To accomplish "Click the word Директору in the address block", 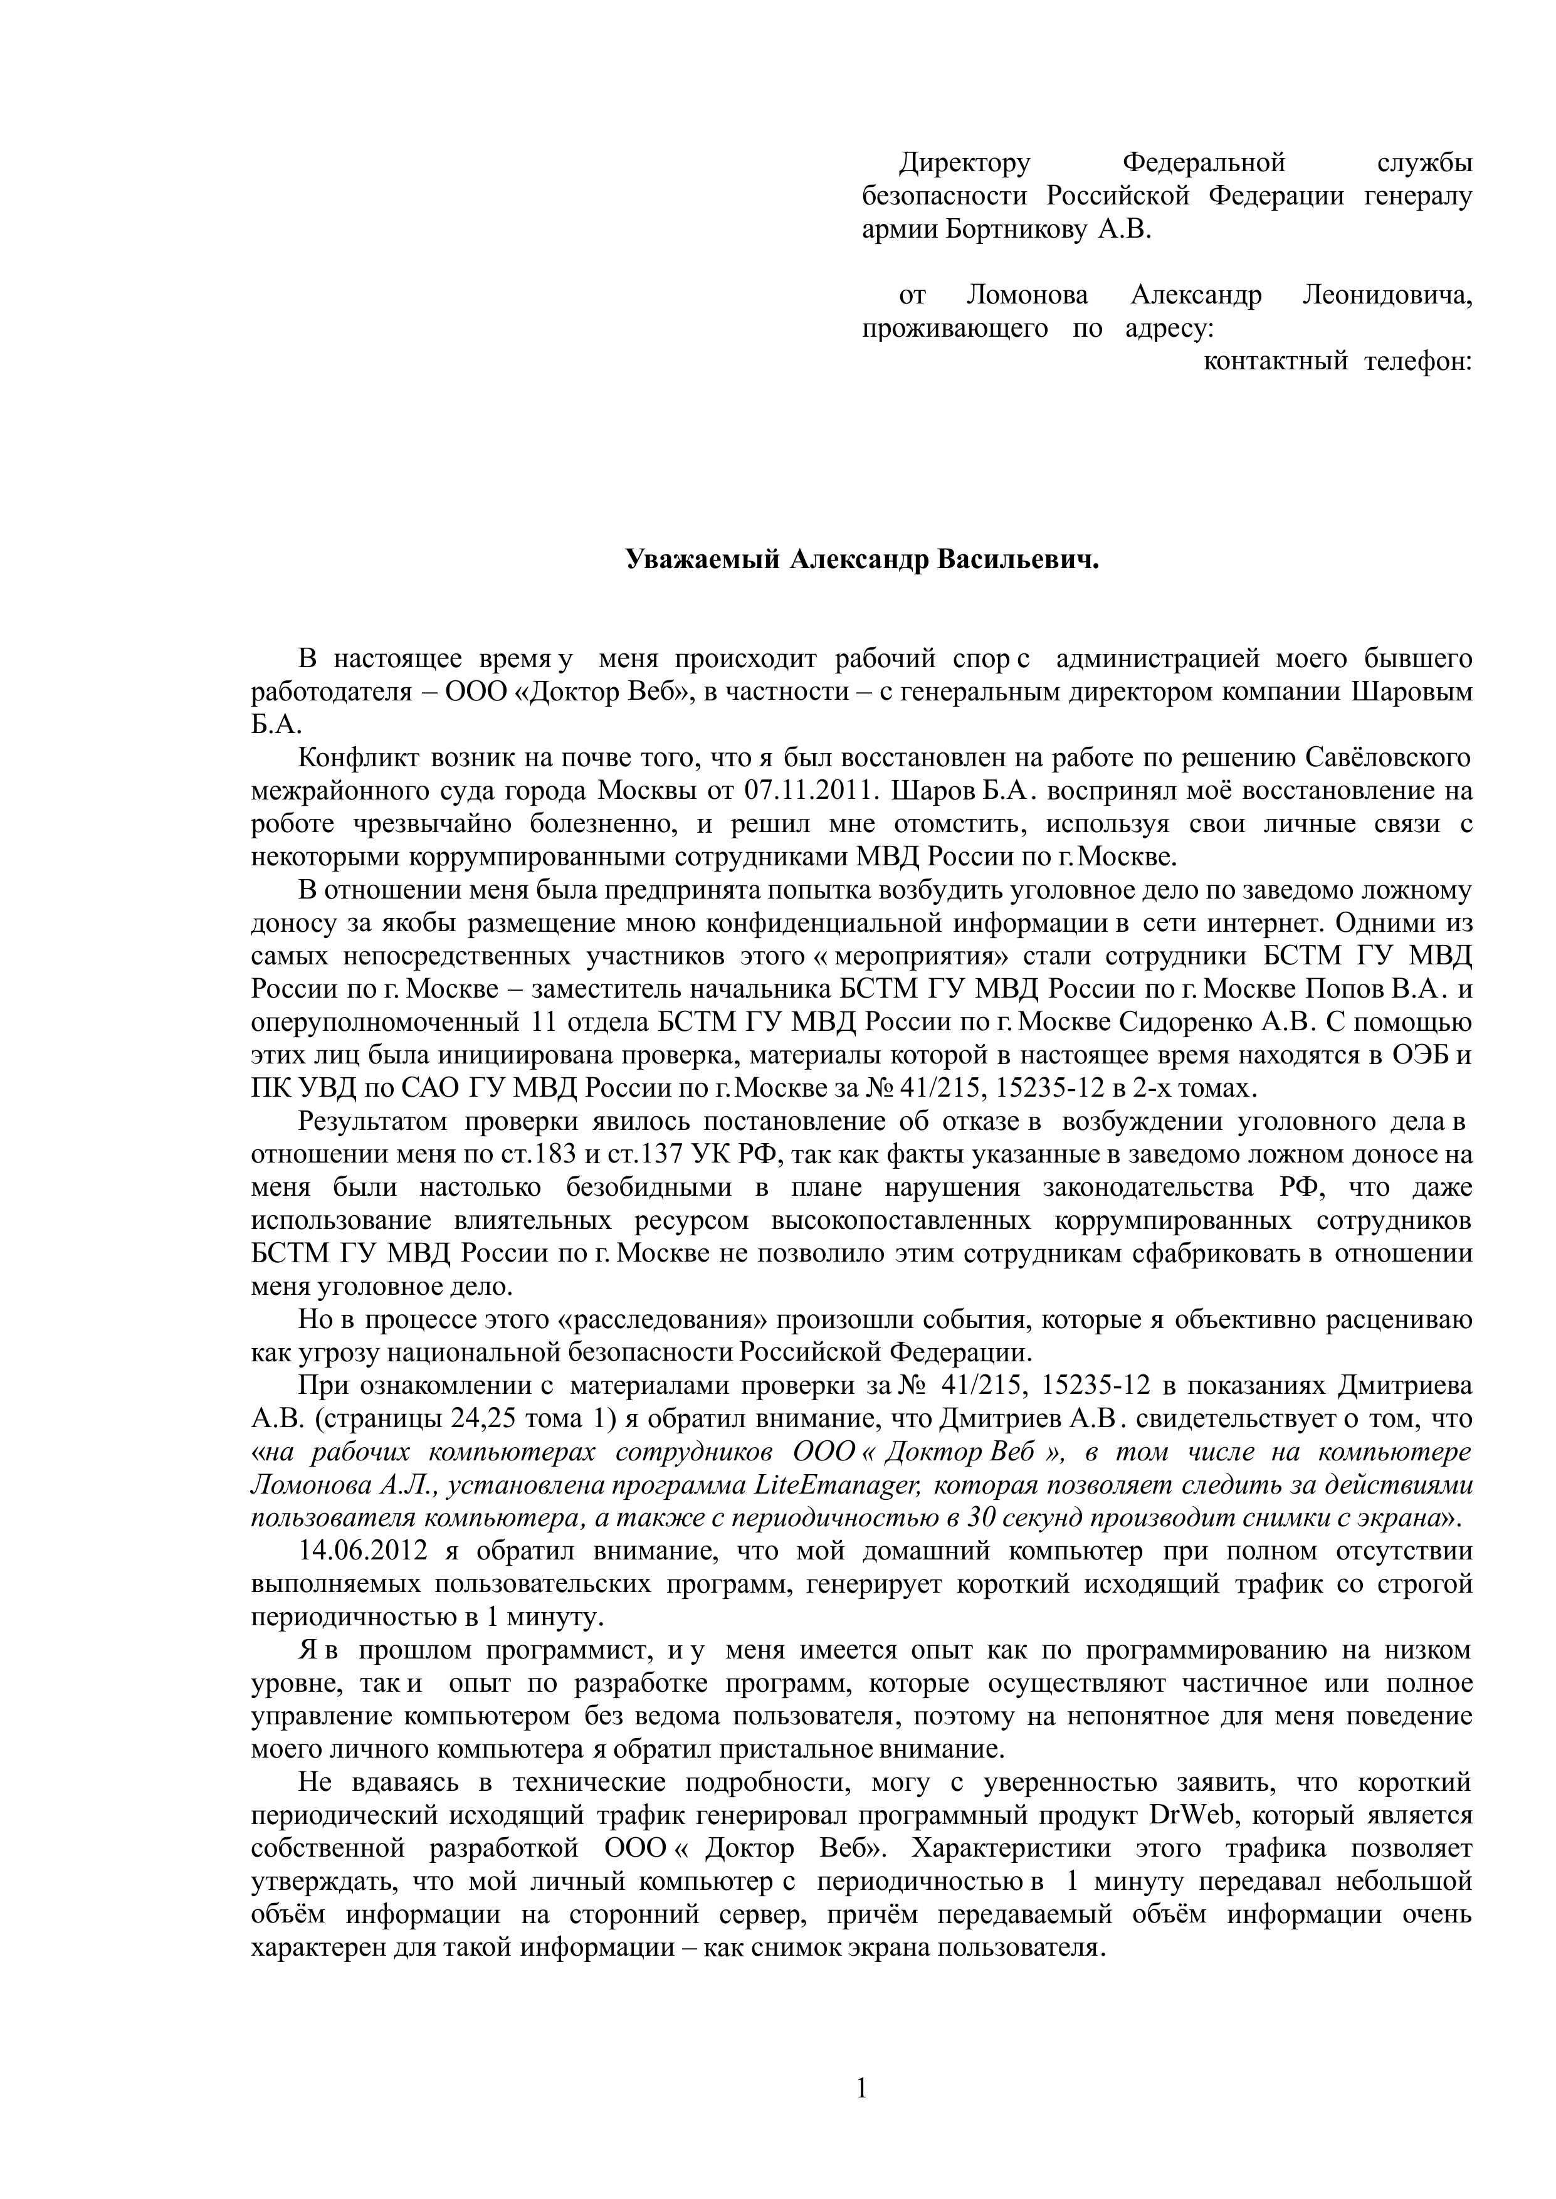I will (x=964, y=164).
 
